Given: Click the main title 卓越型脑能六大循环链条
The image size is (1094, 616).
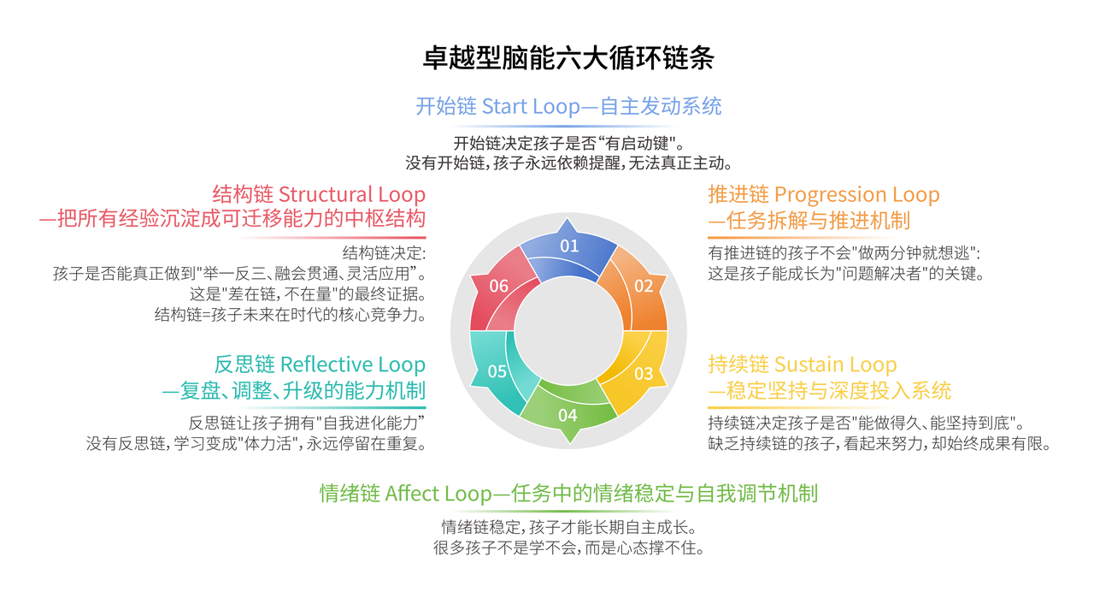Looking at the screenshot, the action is coord(568,58).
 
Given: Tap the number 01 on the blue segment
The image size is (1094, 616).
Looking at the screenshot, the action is coord(569,246).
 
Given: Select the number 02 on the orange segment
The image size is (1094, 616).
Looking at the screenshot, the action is coord(644,286).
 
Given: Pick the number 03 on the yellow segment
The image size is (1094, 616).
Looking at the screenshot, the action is coord(644,373).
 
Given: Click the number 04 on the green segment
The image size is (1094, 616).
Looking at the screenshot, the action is coord(568,416).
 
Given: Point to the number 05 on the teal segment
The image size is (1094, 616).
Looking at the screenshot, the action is coord(497,371).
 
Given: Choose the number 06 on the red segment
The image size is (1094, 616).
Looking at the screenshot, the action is coord(498,286).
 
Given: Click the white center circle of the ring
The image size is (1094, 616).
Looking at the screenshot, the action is coord(569,330).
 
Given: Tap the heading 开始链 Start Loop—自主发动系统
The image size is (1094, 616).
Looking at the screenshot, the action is coord(568,106).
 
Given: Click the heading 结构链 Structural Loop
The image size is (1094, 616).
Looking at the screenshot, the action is coord(319,194).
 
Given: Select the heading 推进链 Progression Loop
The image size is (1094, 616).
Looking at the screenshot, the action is coord(823,194).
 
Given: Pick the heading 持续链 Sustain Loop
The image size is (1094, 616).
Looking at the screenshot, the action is coord(802,365).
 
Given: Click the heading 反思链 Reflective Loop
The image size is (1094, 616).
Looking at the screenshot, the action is coord(320,365).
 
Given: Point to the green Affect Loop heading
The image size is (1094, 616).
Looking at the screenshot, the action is coord(568,494).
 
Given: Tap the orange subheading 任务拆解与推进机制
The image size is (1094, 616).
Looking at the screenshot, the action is coord(809,221).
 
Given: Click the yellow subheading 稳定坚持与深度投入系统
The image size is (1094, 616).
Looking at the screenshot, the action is coord(829,392).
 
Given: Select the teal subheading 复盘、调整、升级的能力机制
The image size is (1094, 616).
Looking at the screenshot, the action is coord(294,392).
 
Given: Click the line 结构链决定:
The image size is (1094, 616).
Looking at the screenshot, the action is coord(384,253).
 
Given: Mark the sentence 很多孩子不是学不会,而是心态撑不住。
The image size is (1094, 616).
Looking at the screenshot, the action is coord(568,548).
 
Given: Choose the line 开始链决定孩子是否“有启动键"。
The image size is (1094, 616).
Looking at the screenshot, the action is coord(568,142).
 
